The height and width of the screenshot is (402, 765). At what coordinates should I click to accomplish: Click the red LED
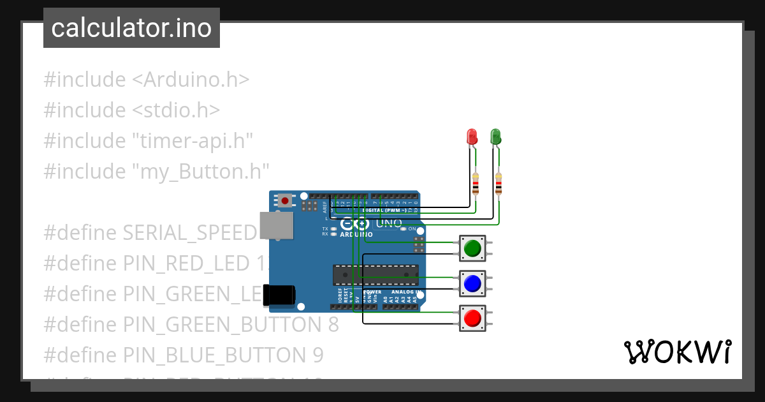tap(472, 136)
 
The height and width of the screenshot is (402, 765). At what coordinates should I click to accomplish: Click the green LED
tap(495, 136)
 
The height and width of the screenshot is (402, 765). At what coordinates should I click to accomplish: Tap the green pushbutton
tap(472, 248)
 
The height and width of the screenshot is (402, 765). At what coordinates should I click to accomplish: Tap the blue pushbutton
tap(472, 283)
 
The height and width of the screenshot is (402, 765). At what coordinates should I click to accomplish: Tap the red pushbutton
tap(472, 318)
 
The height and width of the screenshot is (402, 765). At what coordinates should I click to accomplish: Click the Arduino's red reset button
tap(285, 201)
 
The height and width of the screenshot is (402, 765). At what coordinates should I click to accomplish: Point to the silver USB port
tap(277, 225)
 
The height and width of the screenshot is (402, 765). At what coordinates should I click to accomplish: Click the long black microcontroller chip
tap(375, 274)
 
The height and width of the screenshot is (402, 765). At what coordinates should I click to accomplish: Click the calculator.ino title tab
tap(131, 28)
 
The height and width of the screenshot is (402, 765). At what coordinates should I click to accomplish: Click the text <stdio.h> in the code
tap(176, 110)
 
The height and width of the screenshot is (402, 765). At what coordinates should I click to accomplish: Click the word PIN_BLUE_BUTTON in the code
tap(207, 355)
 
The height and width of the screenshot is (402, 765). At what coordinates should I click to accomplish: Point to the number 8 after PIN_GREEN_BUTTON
tap(333, 324)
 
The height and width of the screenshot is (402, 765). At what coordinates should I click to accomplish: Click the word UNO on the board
tap(389, 223)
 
